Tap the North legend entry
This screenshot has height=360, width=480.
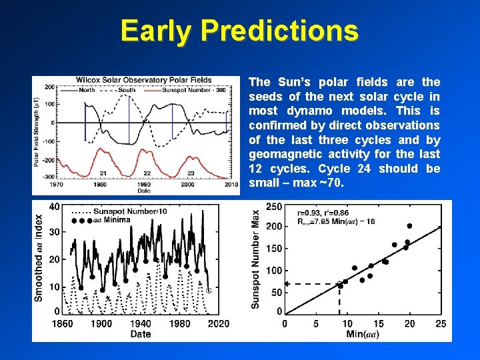coord(87,89)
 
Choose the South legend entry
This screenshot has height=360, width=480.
coord(127,89)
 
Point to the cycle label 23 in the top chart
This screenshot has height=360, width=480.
coord(191,173)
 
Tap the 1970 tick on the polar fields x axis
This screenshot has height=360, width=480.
coord(57,185)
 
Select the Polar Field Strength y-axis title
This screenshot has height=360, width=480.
coord(37,131)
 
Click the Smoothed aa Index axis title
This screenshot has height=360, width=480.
coord(39,257)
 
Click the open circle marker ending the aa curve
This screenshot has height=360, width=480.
coord(209,291)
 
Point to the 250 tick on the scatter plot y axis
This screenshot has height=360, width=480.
coord(273,207)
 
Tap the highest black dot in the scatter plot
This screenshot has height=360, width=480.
coord(409,226)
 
